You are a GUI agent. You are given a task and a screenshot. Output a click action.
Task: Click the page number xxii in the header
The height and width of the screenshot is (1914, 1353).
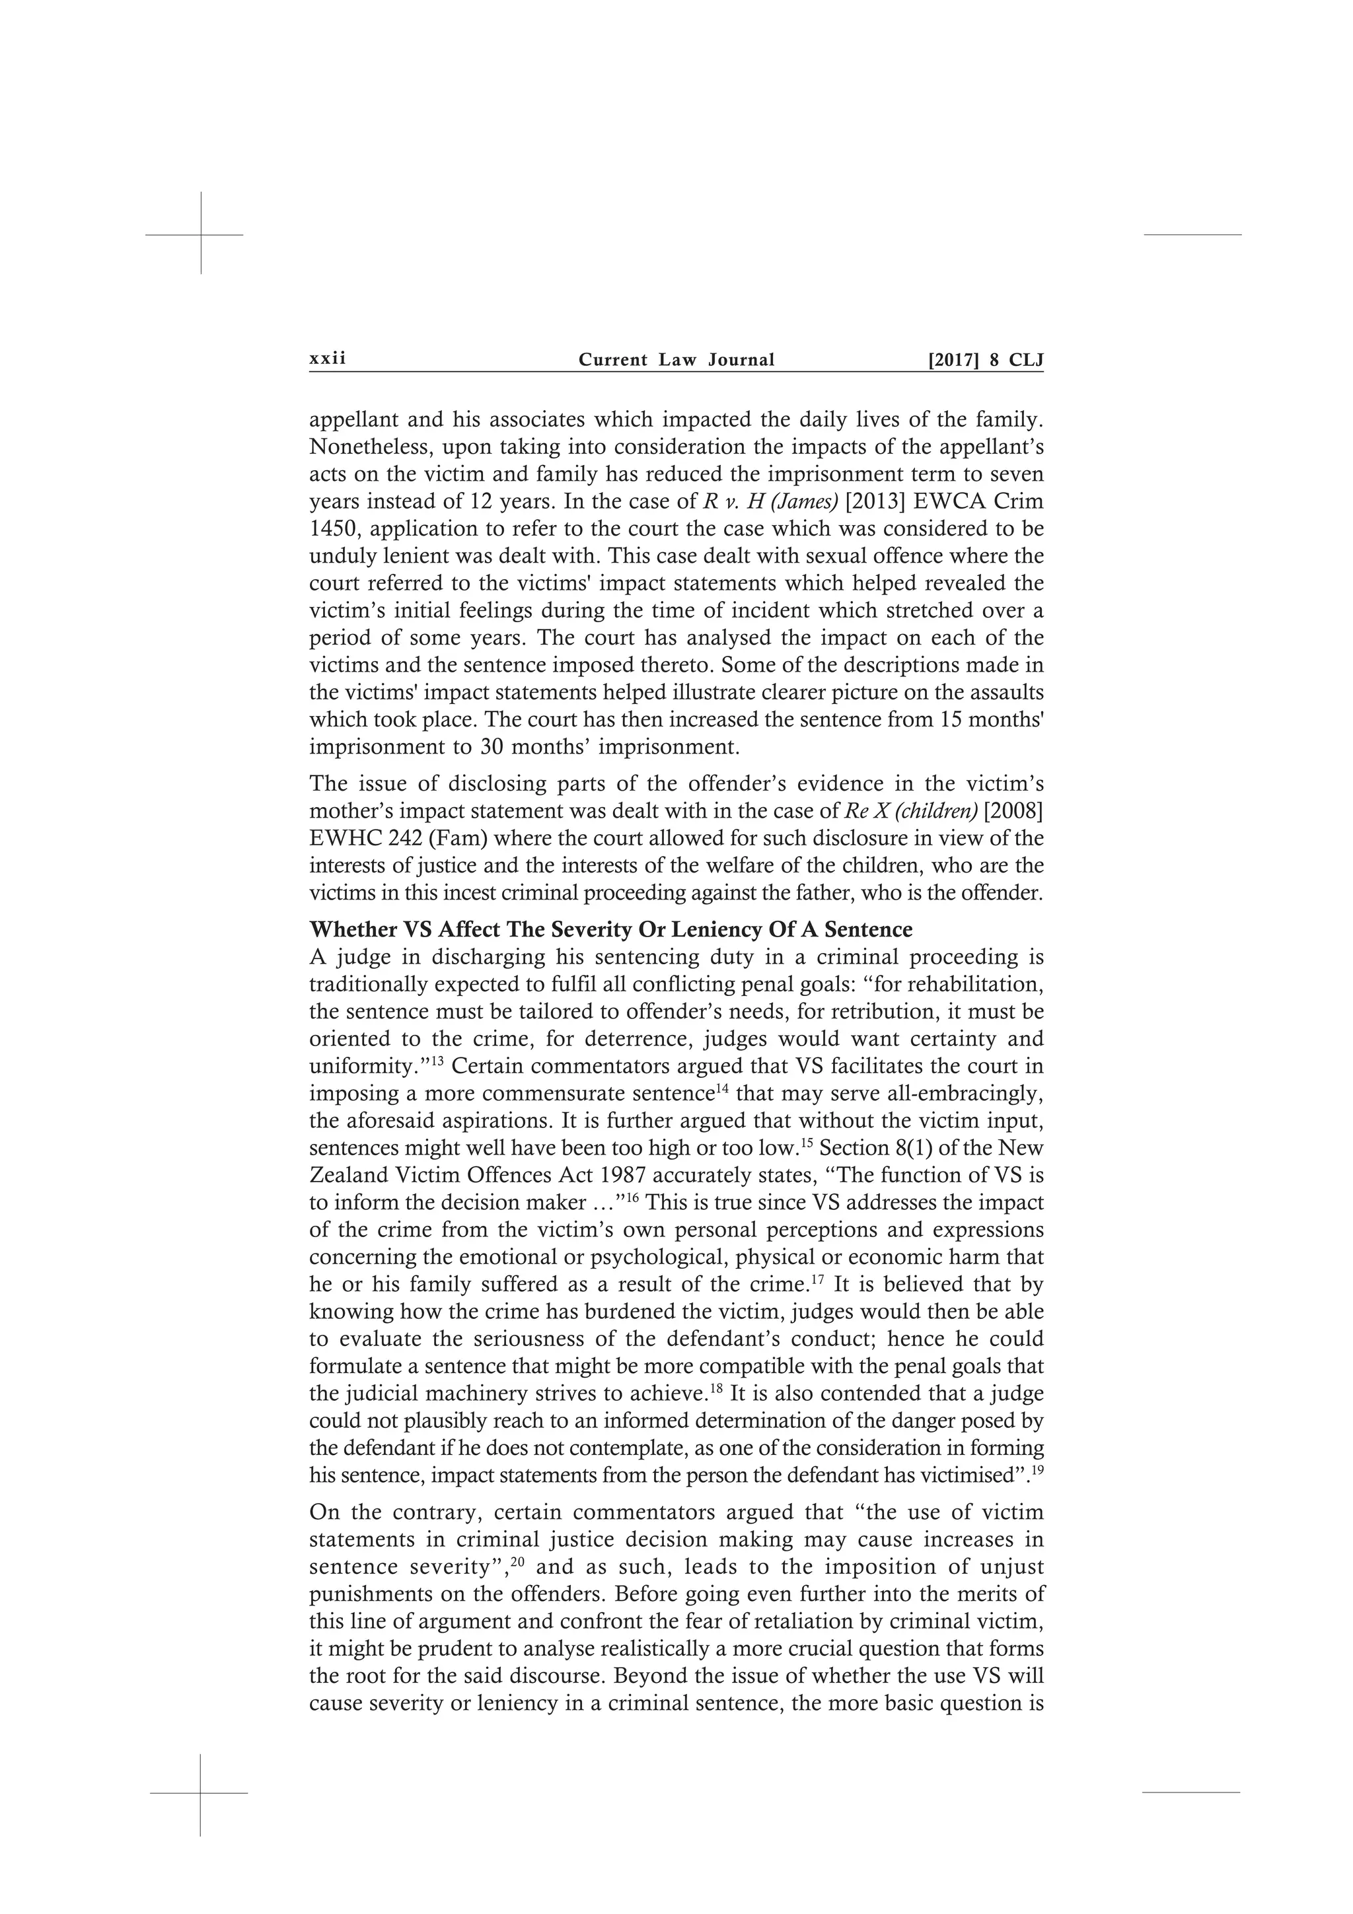(x=327, y=359)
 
